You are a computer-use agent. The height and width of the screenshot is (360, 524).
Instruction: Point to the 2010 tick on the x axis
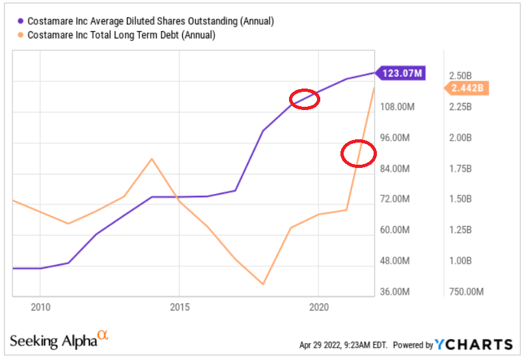click(40, 307)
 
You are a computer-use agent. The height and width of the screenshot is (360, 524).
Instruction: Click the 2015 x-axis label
click(180, 307)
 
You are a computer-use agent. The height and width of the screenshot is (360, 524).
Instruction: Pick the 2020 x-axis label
click(318, 307)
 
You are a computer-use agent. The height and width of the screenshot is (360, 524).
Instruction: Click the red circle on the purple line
click(304, 99)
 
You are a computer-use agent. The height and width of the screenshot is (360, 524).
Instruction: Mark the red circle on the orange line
click(359, 154)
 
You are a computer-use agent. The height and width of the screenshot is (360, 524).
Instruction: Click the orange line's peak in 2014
click(152, 159)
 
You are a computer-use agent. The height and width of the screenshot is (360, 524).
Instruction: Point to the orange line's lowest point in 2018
click(263, 284)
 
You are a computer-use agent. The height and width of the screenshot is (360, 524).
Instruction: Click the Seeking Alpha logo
click(59, 340)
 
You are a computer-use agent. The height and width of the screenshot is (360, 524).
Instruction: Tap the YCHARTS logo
click(475, 344)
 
